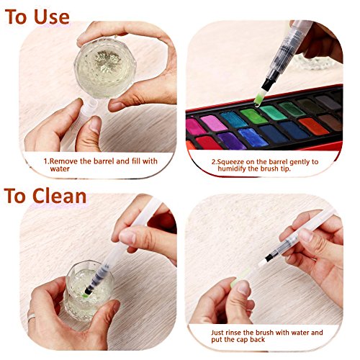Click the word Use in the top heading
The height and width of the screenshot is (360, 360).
pyautogui.click(x=52, y=17)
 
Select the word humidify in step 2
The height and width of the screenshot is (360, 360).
pyautogui.click(x=232, y=168)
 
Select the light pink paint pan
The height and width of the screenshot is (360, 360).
pyautogui.click(x=213, y=123)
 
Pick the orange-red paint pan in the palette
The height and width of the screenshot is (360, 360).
pyautogui.click(x=313, y=126)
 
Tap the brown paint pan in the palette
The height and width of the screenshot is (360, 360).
pyautogui.click(x=330, y=122)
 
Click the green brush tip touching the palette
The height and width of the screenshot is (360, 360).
pyautogui.click(x=258, y=100)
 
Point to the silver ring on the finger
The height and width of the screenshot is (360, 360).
pyautogui.click(x=32, y=318)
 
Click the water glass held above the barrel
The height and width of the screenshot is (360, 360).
pyautogui.click(x=105, y=68)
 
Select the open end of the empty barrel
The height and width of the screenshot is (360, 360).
pyautogui.click(x=91, y=104)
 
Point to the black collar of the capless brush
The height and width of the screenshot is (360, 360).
pyautogui.click(x=269, y=258)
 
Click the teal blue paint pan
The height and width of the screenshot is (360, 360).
pyautogui.click(x=234, y=119)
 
